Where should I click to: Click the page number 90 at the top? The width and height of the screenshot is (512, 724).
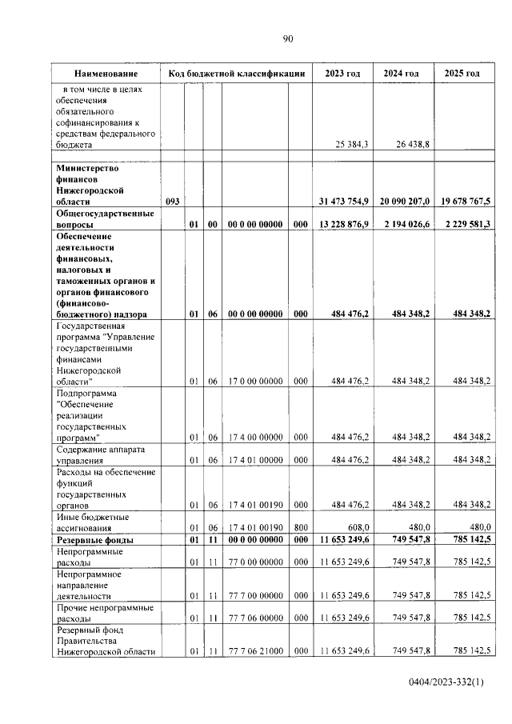[288, 38]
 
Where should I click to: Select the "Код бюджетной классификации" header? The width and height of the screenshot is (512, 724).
[237, 74]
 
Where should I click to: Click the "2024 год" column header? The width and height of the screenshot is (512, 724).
[401, 74]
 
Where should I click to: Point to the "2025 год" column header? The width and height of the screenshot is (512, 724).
[462, 74]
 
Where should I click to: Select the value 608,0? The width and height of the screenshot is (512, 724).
[356, 527]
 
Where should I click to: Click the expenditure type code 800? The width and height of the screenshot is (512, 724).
[300, 527]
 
